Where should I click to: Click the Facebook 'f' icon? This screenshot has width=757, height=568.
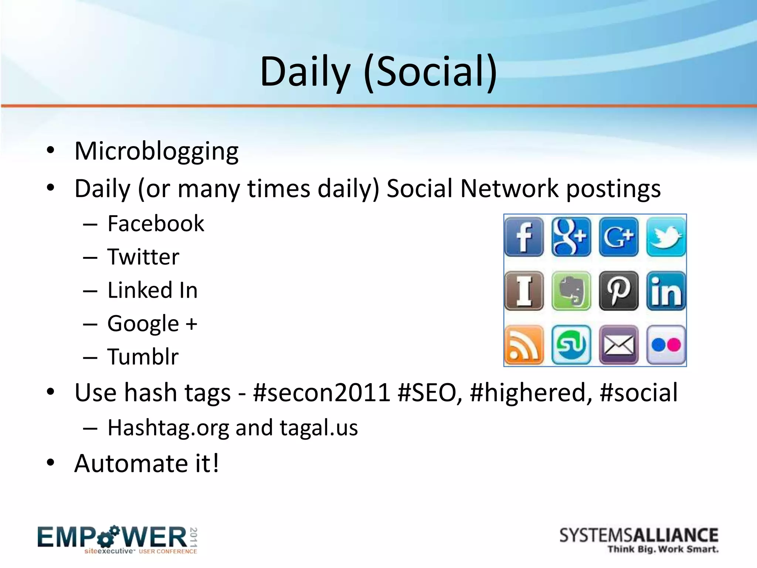coord(524,237)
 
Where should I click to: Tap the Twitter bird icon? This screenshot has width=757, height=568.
coord(666,237)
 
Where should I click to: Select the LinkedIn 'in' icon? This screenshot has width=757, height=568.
coord(666,291)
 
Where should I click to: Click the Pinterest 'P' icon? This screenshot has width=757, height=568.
coord(619,291)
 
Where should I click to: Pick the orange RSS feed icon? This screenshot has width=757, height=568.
coord(524,345)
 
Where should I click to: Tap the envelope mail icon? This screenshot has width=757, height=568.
coord(619,345)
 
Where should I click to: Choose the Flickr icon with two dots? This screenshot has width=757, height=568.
coord(666,345)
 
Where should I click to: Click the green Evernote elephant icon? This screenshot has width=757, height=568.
coord(571,291)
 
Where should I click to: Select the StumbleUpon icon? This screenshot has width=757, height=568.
coord(571,345)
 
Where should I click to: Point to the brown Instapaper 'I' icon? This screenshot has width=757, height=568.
coord(524,291)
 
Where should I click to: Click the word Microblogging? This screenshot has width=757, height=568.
coord(156,151)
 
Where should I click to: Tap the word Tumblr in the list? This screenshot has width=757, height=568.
coord(143,356)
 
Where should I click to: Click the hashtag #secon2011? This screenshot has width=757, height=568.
coord(322,392)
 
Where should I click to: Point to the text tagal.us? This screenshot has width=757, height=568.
coord(319,427)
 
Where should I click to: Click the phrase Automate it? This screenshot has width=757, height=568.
coord(147,463)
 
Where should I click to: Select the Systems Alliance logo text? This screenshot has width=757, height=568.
coord(638,536)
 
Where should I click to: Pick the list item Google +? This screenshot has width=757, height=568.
coord(152,324)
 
